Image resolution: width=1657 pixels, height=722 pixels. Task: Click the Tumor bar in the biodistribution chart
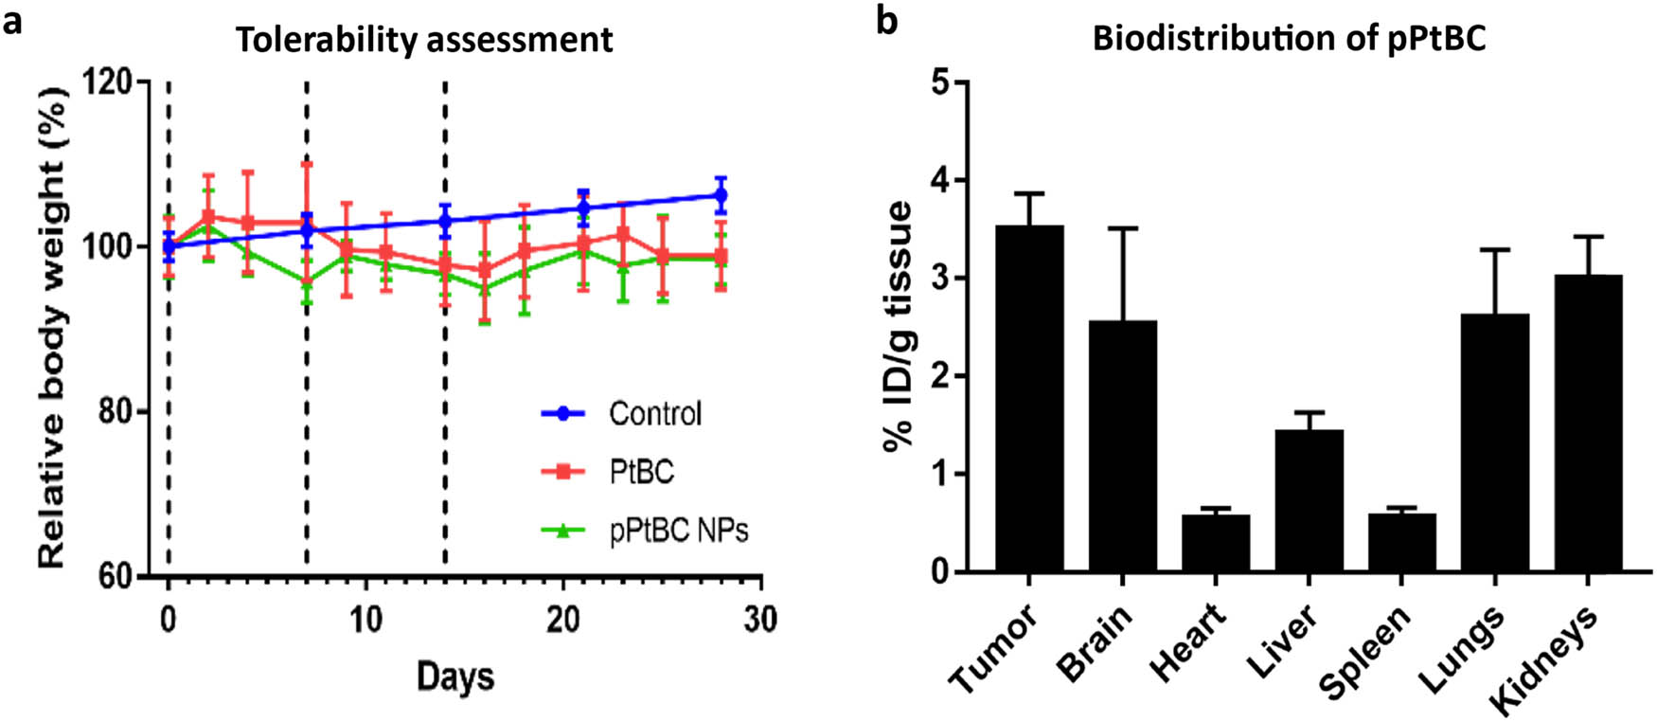pos(1029,398)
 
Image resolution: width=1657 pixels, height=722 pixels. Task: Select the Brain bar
pos(1122,445)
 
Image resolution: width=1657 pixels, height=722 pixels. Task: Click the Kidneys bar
pos(1588,423)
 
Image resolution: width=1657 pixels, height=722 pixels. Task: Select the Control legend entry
pos(654,414)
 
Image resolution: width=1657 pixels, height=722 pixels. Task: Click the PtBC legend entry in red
pos(641,472)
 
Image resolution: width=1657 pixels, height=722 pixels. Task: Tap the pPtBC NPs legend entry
pos(678,530)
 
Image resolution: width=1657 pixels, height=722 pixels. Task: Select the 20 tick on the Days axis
pos(562,620)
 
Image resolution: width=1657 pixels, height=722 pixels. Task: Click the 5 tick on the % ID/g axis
pos(939,82)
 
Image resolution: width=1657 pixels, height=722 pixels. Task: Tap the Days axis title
pos(455,677)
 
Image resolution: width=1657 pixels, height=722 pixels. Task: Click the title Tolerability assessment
pos(424,40)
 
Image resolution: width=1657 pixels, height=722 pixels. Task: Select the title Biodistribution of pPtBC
pos(1289,38)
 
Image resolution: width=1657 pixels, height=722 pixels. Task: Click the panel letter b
pos(886,21)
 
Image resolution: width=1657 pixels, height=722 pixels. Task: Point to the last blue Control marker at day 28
pos(721,196)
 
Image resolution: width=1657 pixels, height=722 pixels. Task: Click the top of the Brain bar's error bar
pos(1122,228)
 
